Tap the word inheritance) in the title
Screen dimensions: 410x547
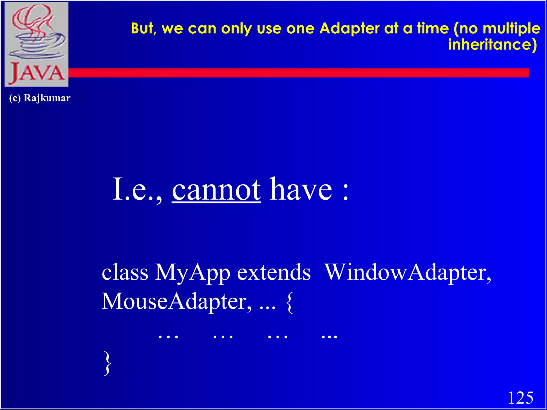click(492, 45)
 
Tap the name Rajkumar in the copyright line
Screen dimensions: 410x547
click(47, 98)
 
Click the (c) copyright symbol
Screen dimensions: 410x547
click(15, 98)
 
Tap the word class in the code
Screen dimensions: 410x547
click(125, 272)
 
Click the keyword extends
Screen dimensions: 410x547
click(274, 272)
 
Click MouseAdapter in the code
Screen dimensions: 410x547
click(176, 302)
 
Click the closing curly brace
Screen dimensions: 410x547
click(107, 363)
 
